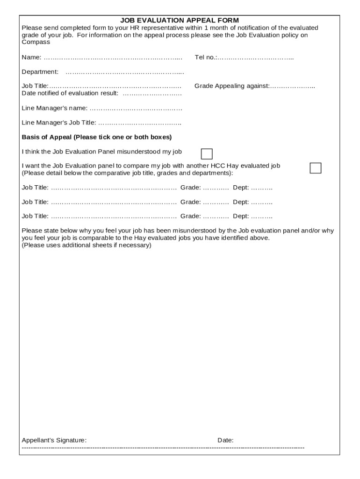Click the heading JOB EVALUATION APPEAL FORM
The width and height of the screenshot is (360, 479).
(180, 20)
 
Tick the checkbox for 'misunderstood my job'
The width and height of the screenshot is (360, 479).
(206, 154)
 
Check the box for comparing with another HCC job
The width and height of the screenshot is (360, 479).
(316, 168)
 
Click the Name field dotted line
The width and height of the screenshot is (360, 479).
(112, 58)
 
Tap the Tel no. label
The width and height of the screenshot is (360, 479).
(205, 58)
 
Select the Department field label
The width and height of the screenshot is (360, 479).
(40, 72)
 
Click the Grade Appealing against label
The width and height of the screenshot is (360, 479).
(231, 86)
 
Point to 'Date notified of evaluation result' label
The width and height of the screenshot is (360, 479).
(70, 93)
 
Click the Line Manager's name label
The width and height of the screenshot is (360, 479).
(54, 108)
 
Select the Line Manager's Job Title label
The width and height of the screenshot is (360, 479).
(59, 123)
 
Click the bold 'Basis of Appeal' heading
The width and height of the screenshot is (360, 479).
(97, 137)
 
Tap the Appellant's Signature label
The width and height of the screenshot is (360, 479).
(54, 440)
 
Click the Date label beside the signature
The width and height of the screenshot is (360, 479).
(225, 440)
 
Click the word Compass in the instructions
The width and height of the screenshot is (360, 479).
(36, 42)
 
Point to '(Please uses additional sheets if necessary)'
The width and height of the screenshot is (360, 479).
(86, 245)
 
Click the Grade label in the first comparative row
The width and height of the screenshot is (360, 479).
(190, 188)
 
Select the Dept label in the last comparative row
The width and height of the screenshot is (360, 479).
(241, 216)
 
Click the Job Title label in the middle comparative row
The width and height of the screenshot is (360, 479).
(35, 202)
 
